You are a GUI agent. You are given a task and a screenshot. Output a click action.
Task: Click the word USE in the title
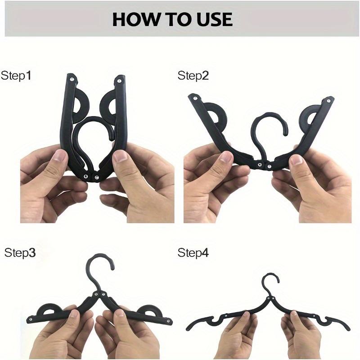pyautogui.click(x=215, y=19)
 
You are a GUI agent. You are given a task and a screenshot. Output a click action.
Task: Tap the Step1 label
pyautogui.click(x=16, y=75)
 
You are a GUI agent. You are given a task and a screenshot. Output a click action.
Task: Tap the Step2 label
pyautogui.click(x=193, y=75)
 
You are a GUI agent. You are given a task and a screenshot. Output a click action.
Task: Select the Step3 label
pyautogui.click(x=20, y=252)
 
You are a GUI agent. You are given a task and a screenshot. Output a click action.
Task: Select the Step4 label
pyautogui.click(x=193, y=252)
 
